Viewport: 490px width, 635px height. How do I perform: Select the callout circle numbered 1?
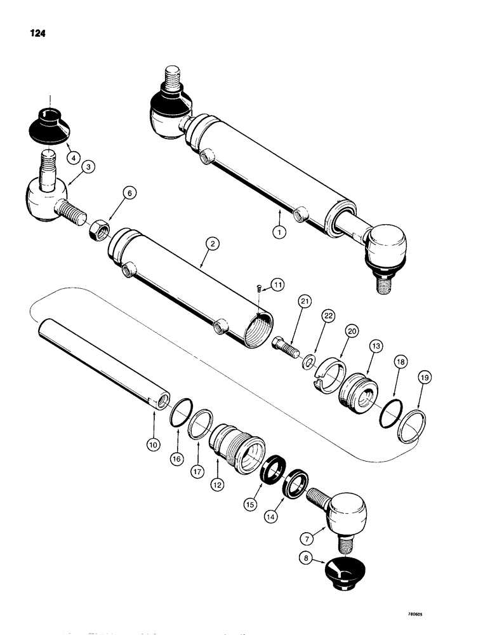277,232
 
